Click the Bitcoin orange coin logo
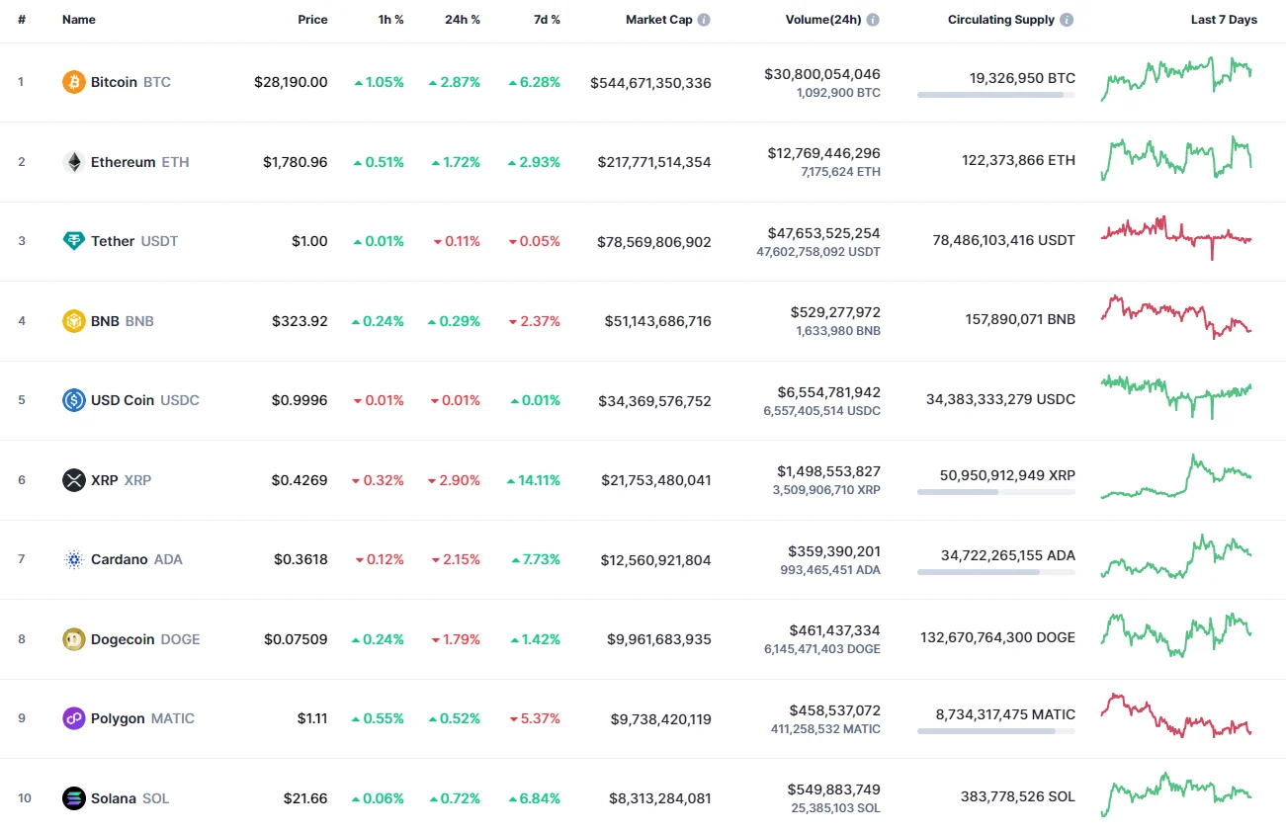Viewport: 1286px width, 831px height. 74,82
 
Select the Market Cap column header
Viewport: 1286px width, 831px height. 658,20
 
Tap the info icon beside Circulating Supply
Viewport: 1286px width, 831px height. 1067,20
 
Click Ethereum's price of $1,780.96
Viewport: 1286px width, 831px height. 295,162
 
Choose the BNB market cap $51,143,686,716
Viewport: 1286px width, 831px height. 657,321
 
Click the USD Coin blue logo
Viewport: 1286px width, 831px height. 74,400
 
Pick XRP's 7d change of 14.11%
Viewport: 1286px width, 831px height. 535,480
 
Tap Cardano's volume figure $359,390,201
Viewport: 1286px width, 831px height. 833,551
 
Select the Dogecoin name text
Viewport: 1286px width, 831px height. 123,639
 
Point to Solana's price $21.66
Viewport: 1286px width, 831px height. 304,798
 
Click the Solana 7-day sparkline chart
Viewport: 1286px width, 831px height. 1176,793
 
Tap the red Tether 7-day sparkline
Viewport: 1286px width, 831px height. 1176,235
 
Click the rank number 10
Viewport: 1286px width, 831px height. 25,798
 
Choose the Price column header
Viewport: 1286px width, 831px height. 312,20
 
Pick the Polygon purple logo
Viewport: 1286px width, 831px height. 74,718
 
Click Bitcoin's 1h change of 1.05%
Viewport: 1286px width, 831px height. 380,82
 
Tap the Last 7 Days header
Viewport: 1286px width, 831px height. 1224,20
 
